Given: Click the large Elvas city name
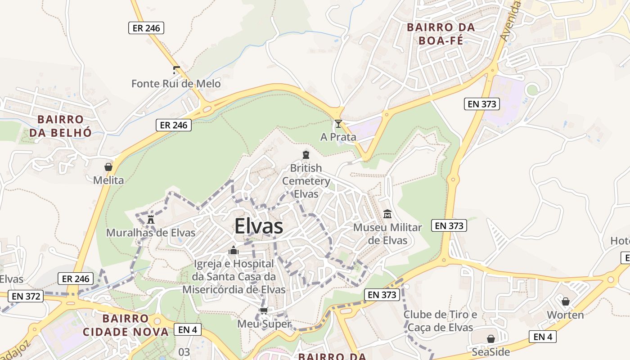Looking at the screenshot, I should pyautogui.click(x=259, y=226).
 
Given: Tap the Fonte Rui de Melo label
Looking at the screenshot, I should pyautogui.click(x=176, y=84).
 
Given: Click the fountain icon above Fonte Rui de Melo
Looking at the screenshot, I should pyautogui.click(x=176, y=70).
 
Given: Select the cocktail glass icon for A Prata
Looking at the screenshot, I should pyautogui.click(x=338, y=124).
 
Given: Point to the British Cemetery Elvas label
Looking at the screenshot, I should pyautogui.click(x=306, y=181).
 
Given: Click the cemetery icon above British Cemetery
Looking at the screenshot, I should pyautogui.click(x=306, y=155).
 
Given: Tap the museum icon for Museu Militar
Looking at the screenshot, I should pyautogui.click(x=387, y=214).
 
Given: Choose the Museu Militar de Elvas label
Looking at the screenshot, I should pyautogui.click(x=387, y=234).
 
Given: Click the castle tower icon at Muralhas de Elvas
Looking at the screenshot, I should pyautogui.click(x=151, y=220).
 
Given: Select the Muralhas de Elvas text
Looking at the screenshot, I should pyautogui.click(x=151, y=233).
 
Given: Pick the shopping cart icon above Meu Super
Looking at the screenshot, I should pyautogui.click(x=264, y=310).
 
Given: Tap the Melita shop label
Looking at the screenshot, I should pyautogui.click(x=108, y=180).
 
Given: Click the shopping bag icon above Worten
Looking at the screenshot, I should pyautogui.click(x=566, y=301).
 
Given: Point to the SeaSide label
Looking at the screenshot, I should pyautogui.click(x=490, y=351).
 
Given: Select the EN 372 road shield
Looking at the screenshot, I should pyautogui.click(x=27, y=296).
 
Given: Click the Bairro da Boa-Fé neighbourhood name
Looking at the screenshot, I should pyautogui.click(x=441, y=34).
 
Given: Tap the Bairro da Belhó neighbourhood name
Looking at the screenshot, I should pyautogui.click(x=61, y=126).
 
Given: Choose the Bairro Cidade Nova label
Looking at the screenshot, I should pyautogui.click(x=126, y=325).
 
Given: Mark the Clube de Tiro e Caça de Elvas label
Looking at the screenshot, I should pyautogui.click(x=440, y=321).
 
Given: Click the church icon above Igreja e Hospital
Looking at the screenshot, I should pyautogui.click(x=234, y=250).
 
